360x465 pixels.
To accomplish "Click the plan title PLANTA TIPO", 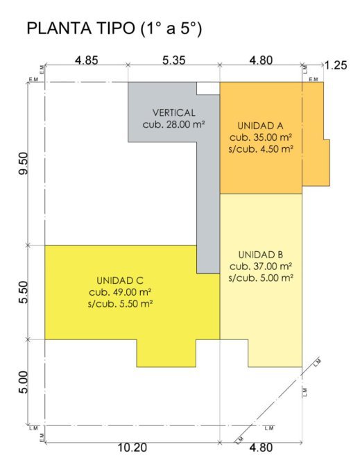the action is [x=80, y=28].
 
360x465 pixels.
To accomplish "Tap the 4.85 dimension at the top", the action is [x=86, y=60].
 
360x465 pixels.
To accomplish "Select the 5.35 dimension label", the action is [x=173, y=60].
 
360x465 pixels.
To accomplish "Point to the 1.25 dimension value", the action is [x=336, y=65].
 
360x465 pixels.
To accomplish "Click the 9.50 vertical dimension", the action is [x=24, y=163].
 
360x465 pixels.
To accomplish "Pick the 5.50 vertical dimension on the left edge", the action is [x=24, y=292].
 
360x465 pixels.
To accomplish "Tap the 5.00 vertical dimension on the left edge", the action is [x=24, y=382].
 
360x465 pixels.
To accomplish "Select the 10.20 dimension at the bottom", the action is [x=132, y=448].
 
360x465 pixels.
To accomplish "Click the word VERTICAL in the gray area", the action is [x=174, y=112].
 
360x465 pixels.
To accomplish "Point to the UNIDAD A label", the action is [x=260, y=126].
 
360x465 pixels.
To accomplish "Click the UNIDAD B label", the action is [x=261, y=255].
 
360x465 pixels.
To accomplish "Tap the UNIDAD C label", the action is [x=120, y=280].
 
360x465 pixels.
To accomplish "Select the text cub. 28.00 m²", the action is [x=174, y=124].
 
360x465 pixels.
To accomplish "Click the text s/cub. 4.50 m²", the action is [x=261, y=149].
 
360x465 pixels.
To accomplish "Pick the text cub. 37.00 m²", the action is [x=261, y=267].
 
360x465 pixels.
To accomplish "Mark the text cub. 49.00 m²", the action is [x=120, y=292].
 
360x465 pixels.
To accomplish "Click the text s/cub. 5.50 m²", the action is [x=120, y=304].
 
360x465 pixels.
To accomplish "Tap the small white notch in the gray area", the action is [x=208, y=88].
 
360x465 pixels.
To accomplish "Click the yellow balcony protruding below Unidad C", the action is [x=166, y=353].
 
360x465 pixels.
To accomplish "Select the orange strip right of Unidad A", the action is [x=314, y=134].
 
